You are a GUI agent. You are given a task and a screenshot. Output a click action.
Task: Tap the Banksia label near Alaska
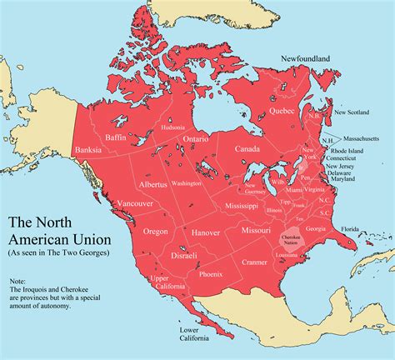(x=87, y=150)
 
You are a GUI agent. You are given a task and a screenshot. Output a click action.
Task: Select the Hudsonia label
(x=172, y=127)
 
